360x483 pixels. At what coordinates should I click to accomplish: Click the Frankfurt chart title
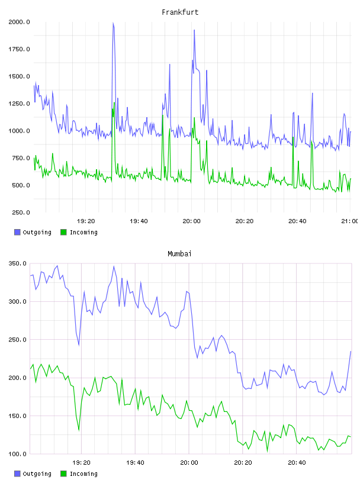point(180,12)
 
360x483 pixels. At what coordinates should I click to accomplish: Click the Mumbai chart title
point(179,254)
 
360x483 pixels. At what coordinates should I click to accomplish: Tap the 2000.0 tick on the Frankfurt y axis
point(19,22)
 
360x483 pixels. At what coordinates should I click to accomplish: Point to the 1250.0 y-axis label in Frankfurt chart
point(19,104)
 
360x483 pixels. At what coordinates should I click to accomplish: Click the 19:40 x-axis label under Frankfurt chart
point(139,221)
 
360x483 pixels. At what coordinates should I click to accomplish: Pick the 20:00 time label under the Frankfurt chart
point(191,221)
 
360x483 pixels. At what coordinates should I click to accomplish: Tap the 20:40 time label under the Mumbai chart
point(297,463)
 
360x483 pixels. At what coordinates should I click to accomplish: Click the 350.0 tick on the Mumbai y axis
point(17,263)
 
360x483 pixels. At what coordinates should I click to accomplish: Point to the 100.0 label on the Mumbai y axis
point(17,454)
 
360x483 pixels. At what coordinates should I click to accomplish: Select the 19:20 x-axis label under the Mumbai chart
point(81,463)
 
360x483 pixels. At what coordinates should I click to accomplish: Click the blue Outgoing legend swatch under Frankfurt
point(17,232)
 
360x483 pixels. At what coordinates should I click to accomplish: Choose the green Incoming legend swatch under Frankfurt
point(63,232)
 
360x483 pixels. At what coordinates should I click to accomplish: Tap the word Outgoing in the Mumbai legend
point(37,474)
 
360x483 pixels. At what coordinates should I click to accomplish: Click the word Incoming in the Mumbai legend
point(83,474)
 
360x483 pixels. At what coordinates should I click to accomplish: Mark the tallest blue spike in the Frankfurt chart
point(114,23)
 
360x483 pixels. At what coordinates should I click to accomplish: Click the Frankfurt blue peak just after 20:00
point(194,30)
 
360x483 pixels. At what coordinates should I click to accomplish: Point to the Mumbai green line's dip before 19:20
point(79,430)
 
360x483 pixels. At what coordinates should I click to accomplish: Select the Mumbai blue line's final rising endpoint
point(351,351)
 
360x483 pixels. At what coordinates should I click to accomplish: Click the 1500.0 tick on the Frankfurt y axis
point(19,76)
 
